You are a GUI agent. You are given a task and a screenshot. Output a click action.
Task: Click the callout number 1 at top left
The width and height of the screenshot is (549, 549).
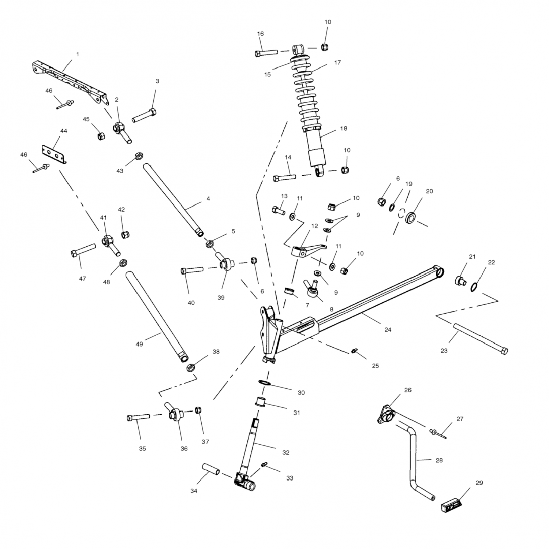[77, 54]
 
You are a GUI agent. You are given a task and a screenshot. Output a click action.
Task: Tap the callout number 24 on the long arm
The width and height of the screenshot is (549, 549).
[388, 329]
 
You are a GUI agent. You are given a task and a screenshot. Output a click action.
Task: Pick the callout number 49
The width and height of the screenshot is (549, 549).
[139, 344]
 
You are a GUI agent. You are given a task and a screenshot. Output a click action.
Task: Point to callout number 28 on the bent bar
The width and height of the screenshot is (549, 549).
[439, 460]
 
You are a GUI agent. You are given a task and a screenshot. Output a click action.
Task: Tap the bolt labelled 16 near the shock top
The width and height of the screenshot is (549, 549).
[266, 53]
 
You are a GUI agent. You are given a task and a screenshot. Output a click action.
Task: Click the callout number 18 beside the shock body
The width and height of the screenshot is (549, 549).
[343, 128]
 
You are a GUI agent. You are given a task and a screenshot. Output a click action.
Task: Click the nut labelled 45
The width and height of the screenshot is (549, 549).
[101, 136]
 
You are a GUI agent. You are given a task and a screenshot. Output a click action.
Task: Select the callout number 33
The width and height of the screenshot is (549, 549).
[290, 478]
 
